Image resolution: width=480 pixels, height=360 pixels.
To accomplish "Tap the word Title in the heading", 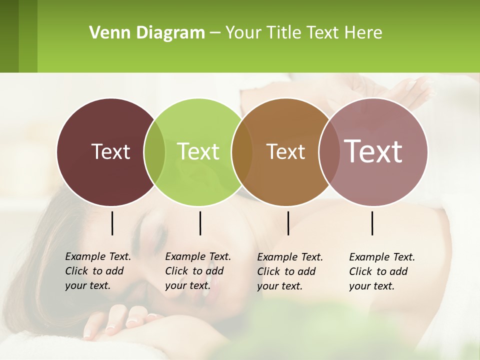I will click(285, 33).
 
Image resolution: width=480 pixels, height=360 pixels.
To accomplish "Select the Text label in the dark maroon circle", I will click(110, 151).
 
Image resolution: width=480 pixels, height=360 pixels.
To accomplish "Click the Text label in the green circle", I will click(198, 151).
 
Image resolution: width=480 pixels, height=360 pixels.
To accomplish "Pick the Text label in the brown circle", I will click(285, 151).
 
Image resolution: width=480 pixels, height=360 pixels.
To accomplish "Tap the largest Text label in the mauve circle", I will click(373, 151).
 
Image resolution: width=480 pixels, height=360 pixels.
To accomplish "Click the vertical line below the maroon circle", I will click(112, 223).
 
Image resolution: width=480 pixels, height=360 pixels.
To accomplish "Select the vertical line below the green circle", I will click(200, 223).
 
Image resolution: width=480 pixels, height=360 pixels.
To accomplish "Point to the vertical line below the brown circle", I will click(288, 223).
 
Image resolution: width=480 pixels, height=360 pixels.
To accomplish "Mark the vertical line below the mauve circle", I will click(372, 223).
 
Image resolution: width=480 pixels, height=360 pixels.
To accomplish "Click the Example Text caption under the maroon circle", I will click(97, 271).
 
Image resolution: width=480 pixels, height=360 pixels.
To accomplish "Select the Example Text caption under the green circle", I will click(197, 271).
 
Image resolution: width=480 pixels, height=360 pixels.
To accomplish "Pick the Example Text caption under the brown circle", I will click(289, 271).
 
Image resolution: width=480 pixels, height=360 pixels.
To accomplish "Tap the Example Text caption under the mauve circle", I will click(381, 271).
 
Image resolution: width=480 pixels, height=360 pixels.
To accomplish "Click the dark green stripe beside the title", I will click(9, 36).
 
